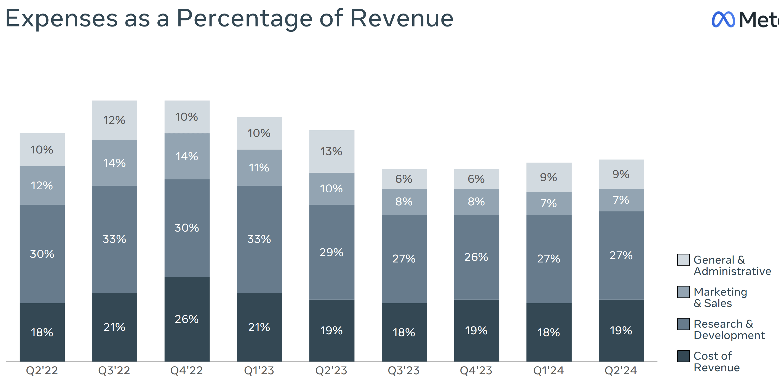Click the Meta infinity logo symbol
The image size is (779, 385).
(x=723, y=20)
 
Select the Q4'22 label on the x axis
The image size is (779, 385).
(x=187, y=370)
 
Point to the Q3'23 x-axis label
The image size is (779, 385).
(x=404, y=370)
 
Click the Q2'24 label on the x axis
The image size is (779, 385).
(x=621, y=370)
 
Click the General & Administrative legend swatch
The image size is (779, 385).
(x=683, y=260)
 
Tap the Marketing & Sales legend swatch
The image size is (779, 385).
(x=683, y=292)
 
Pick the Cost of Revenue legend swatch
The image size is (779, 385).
(x=683, y=356)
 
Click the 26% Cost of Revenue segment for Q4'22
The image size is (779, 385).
(x=187, y=319)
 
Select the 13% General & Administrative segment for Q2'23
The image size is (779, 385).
(x=332, y=151)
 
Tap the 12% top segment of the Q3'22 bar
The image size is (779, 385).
(x=115, y=120)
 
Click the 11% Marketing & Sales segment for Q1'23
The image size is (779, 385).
(x=259, y=168)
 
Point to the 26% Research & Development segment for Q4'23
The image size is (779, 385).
(x=476, y=257)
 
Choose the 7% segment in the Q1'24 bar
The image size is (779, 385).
(x=548, y=203)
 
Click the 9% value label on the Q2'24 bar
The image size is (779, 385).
(x=621, y=174)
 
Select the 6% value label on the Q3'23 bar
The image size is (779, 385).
(x=404, y=179)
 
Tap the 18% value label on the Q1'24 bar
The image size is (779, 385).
(x=548, y=332)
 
